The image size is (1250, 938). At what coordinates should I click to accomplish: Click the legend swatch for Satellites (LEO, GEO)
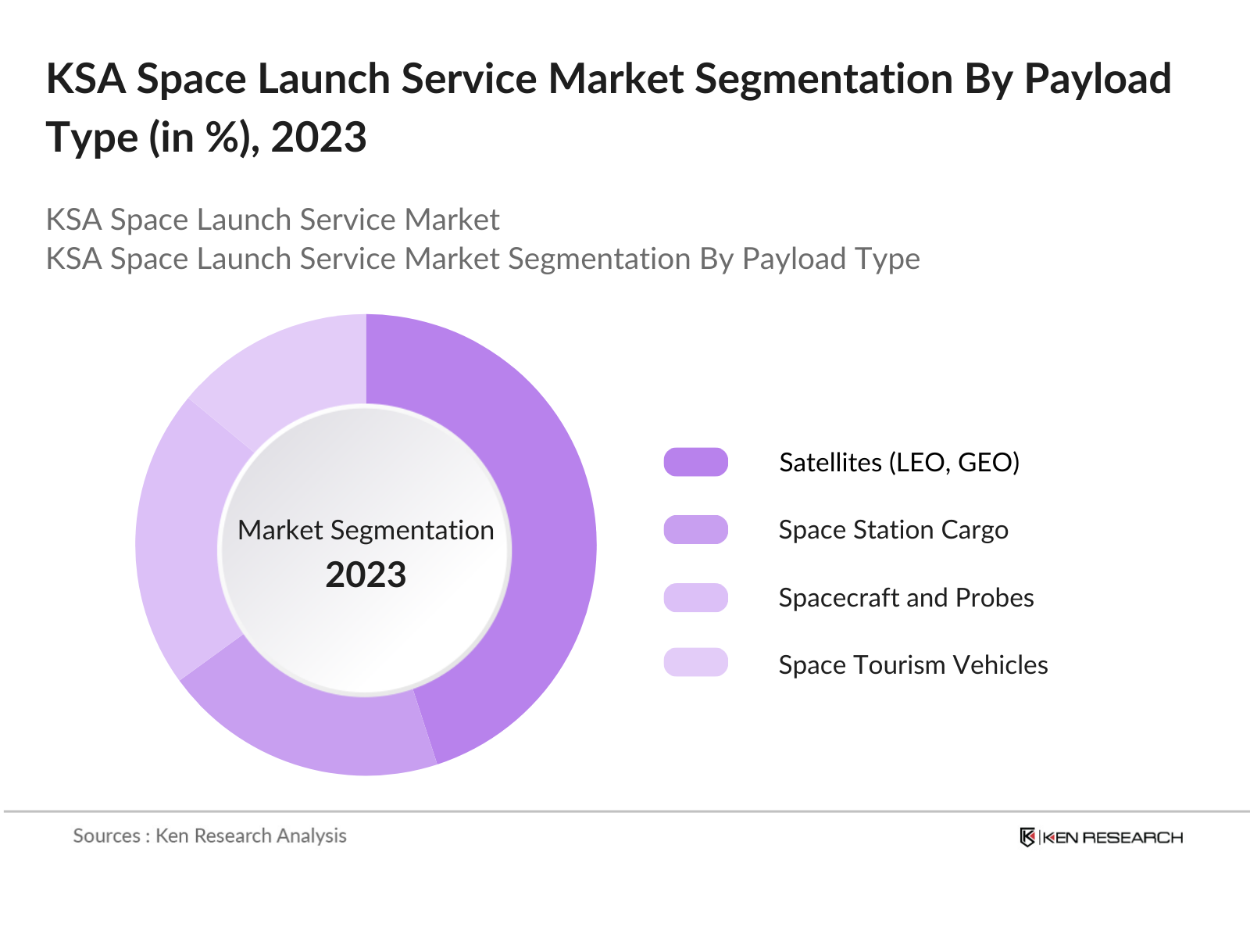[x=695, y=462]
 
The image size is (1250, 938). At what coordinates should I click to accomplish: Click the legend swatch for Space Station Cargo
[x=695, y=530]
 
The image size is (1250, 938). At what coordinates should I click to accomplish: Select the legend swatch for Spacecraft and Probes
[x=695, y=597]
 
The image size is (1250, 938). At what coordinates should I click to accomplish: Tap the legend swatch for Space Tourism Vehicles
[x=695, y=663]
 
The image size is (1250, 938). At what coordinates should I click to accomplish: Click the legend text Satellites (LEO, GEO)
[x=899, y=462]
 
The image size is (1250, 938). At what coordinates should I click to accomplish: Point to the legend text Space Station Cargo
[x=893, y=530]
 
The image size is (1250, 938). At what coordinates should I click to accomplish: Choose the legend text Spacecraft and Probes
[x=906, y=597]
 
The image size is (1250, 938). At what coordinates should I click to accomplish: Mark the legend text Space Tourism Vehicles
[x=913, y=664]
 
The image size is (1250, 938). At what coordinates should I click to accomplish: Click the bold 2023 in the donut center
[x=366, y=575]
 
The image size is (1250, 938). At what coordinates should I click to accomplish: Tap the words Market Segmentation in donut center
[x=366, y=530]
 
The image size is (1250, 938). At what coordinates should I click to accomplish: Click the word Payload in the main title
[x=1098, y=80]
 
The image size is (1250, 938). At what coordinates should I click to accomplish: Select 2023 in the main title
[x=319, y=138]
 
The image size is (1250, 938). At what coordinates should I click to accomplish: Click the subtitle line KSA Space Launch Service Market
[x=273, y=220]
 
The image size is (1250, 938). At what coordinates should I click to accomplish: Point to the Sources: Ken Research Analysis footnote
[x=209, y=836]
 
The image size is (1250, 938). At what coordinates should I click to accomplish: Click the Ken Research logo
[x=1102, y=837]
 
